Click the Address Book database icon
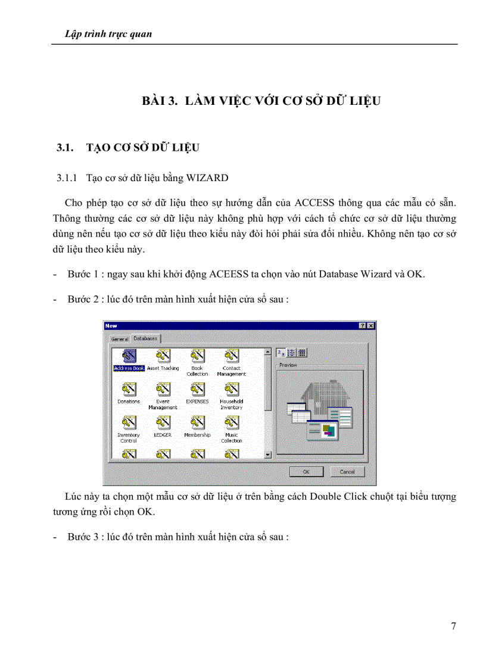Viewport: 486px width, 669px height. (129, 356)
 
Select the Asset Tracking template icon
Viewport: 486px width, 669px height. (163, 356)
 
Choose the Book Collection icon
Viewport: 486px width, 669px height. (197, 356)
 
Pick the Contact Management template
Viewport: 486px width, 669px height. (231, 356)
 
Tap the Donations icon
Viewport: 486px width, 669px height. (129, 390)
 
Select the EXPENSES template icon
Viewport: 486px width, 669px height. (197, 390)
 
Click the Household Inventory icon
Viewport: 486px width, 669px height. (231, 390)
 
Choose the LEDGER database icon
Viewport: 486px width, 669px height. (163, 423)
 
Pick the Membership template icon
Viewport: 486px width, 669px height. (197, 423)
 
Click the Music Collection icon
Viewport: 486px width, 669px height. (231, 423)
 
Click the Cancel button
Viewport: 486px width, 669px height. (347, 471)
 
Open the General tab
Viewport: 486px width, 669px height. (120, 339)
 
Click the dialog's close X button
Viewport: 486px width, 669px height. (371, 326)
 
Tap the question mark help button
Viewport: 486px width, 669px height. (363, 326)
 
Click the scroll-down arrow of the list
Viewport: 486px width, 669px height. (267, 455)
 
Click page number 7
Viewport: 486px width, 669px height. (453, 626)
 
